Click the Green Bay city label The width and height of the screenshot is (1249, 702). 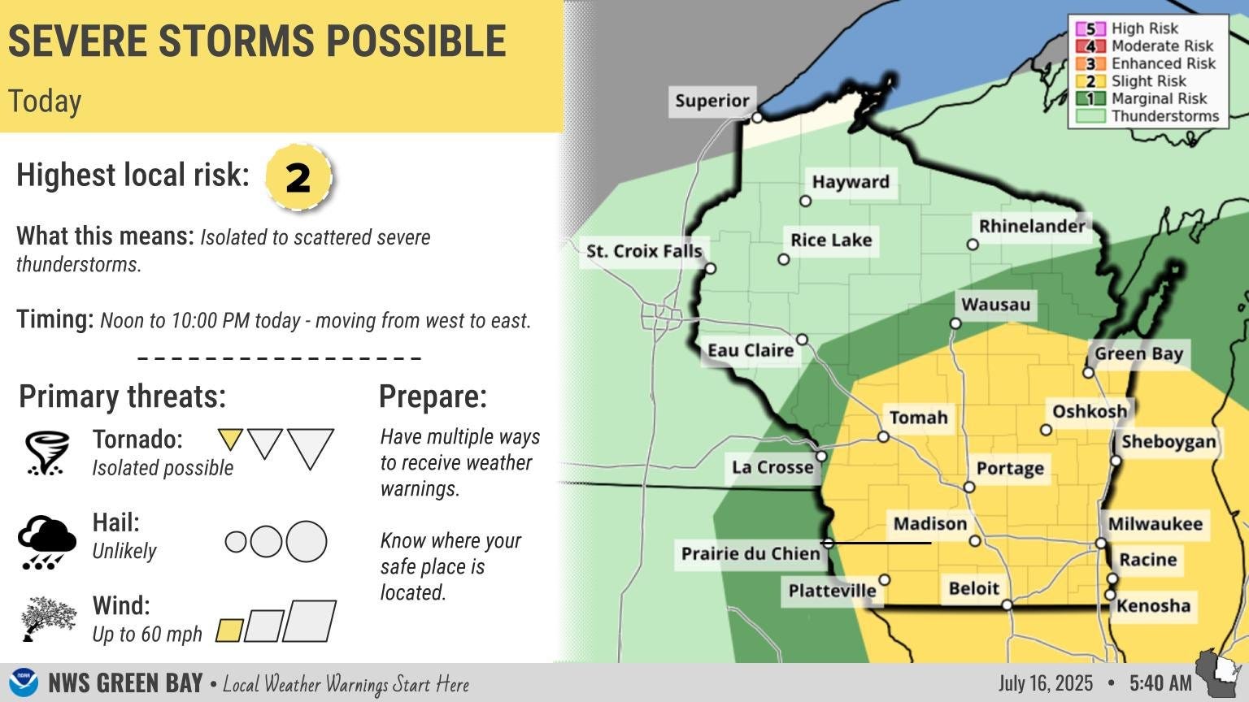(x=1138, y=353)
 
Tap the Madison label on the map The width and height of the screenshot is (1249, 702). (x=929, y=524)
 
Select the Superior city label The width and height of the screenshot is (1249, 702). (x=712, y=101)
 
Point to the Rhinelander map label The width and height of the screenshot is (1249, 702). (x=1032, y=226)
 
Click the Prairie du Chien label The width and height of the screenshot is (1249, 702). (x=751, y=554)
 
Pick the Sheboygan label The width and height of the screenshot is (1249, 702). (x=1168, y=442)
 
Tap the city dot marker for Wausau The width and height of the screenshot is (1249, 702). (x=955, y=323)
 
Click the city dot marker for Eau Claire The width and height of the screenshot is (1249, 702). (x=802, y=339)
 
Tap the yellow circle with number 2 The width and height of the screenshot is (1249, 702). (x=298, y=176)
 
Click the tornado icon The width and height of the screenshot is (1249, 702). (x=45, y=453)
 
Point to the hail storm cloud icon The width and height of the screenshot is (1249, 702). (x=47, y=541)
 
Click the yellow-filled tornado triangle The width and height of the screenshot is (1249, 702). (x=230, y=439)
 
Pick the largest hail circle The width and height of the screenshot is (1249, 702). (x=307, y=541)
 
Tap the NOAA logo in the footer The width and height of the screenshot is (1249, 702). (x=24, y=682)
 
